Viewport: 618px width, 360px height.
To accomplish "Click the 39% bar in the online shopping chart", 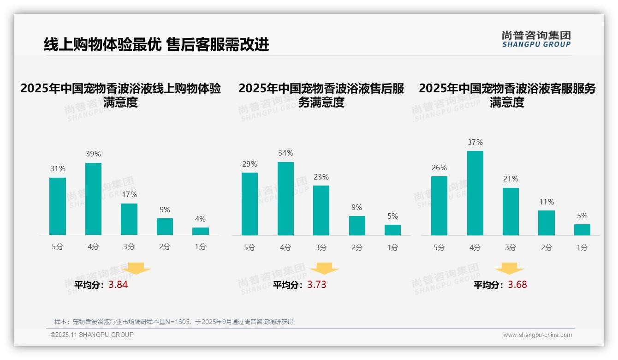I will point(93,199).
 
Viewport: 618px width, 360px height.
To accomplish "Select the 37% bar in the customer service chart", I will point(475,193).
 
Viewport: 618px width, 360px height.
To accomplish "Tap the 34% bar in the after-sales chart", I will point(285,198).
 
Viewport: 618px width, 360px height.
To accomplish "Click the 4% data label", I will point(200,219).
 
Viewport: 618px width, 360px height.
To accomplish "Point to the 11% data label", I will point(547,202).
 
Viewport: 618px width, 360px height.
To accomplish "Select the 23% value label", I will point(321,177).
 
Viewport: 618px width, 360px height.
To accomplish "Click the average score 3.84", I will point(118,285).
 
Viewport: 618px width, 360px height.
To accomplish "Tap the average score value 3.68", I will point(517,285).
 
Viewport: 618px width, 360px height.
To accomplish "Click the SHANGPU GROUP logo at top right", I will point(536,39).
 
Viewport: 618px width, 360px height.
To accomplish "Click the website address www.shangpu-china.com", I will point(537,335).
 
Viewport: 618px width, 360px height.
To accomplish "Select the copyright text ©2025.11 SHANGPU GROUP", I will point(92,335).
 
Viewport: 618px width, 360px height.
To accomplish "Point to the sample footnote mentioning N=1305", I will point(174,322).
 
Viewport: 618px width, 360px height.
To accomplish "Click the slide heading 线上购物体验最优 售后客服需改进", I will point(156,45).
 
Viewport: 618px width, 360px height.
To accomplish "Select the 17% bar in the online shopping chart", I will point(129,219).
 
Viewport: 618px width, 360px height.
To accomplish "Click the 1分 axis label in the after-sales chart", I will point(392,247).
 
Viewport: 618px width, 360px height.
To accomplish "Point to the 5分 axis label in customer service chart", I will point(439,247).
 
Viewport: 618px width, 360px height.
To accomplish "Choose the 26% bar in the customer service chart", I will point(439,206).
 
